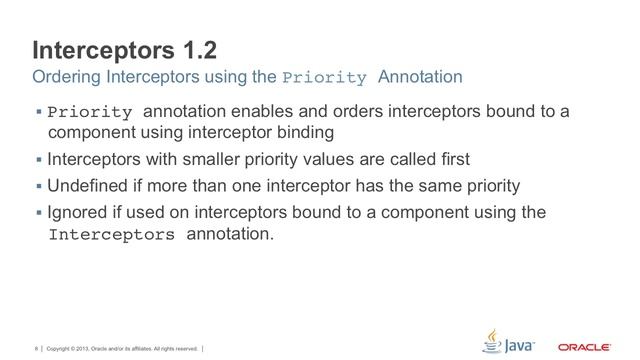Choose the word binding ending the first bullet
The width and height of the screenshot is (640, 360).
coord(331,132)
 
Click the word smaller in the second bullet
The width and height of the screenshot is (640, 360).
coord(186,159)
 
